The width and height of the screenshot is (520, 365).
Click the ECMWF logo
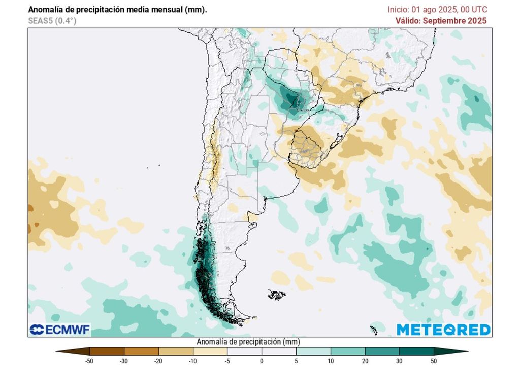click(60, 330)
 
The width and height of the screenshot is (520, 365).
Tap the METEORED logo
click(443, 330)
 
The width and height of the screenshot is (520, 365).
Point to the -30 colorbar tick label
click(124, 360)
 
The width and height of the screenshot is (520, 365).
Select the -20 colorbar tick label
click(158, 360)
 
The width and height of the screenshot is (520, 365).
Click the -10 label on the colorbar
click(193, 360)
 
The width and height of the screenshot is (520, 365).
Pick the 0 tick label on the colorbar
click(262, 360)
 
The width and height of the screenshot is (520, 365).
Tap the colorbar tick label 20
click(365, 360)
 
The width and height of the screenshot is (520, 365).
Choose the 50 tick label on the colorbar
click(434, 360)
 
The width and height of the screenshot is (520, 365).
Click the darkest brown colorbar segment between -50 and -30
click(107, 351)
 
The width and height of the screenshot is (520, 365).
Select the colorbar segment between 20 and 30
click(382, 351)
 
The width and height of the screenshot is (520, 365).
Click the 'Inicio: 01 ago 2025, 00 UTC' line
click(437, 10)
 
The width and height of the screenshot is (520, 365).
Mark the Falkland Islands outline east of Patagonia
click(277, 294)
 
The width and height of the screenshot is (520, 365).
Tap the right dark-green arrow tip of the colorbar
click(463, 351)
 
